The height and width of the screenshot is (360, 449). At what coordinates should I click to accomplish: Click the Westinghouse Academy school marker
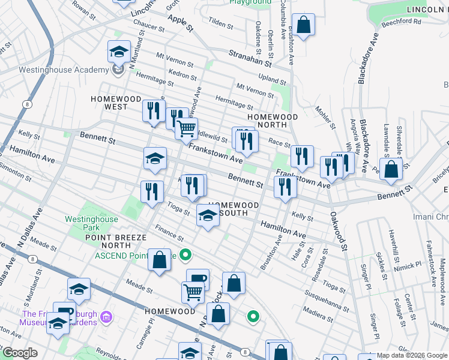click(119, 52)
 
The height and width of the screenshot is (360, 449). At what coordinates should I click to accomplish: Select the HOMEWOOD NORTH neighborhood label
click(273, 121)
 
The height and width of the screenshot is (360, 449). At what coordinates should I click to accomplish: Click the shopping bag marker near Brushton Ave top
click(304, 26)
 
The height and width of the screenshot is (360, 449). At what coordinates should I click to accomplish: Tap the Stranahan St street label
click(250, 58)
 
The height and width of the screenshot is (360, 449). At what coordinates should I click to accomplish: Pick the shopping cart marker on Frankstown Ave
click(187, 128)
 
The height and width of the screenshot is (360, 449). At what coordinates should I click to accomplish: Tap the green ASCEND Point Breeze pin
click(186, 255)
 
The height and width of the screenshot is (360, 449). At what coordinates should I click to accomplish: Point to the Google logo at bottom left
click(20, 353)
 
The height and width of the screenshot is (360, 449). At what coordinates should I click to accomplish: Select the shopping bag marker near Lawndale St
click(391, 170)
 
